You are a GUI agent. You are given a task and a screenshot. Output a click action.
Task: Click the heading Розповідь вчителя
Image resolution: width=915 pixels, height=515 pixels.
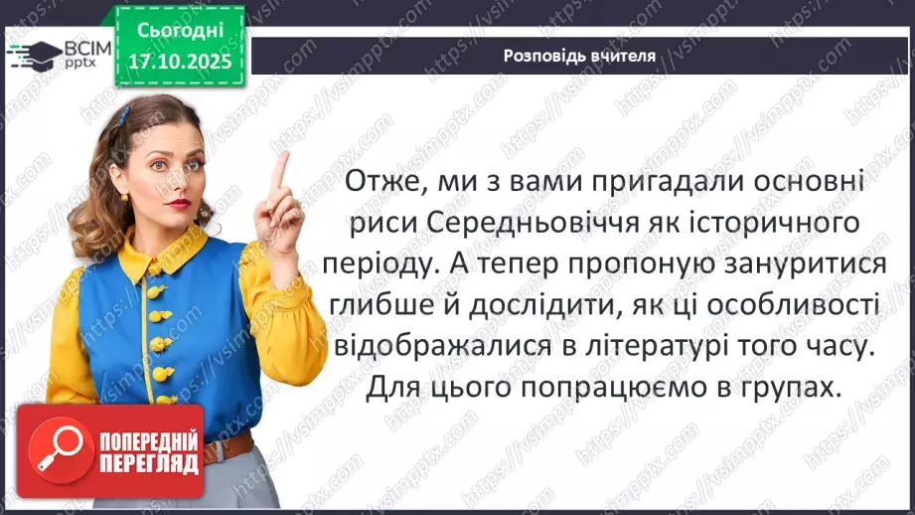tap(579, 55)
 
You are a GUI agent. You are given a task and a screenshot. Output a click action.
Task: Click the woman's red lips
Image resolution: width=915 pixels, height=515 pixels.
tap(179, 203)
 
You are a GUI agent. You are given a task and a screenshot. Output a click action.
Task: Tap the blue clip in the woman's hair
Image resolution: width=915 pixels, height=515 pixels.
tap(121, 115)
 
